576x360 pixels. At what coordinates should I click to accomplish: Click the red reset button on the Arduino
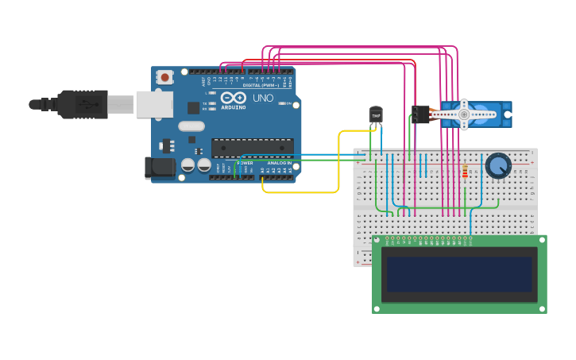pos(164,77)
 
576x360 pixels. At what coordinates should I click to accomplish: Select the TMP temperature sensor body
pos(376,116)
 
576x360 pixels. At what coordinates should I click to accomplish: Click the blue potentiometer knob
pos(498,166)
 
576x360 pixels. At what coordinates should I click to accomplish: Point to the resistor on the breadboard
pos(465,172)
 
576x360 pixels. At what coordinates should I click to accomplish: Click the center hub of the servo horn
pos(464,114)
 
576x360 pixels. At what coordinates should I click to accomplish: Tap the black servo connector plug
pos(420,114)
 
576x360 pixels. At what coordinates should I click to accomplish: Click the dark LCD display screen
pos(459,274)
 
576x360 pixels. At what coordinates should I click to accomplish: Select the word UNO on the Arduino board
pos(262,98)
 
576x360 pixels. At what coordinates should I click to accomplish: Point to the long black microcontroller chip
pos(252,147)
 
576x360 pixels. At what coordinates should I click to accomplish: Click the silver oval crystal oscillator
pos(191,126)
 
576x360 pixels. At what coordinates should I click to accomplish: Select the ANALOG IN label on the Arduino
pos(278,163)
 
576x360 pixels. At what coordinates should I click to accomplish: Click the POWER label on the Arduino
pos(245,163)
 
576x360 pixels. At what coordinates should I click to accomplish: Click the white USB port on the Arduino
pos(153,104)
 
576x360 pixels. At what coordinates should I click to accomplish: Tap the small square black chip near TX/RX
pos(193,107)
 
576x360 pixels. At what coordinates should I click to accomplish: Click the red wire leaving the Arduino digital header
pos(318,60)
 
